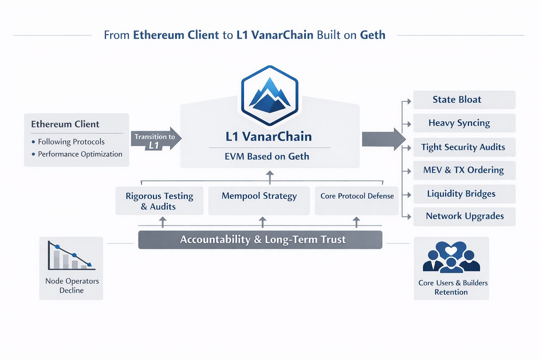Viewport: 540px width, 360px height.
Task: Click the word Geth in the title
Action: [373, 35]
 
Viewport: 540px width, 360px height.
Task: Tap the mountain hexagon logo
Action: [270, 95]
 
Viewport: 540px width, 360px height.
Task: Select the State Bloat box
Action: [464, 100]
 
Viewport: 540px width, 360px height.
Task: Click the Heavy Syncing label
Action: [459, 123]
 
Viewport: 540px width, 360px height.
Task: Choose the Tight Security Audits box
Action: [463, 147]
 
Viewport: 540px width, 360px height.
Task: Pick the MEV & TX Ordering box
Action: [464, 170]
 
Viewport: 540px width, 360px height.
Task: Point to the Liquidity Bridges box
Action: [462, 194]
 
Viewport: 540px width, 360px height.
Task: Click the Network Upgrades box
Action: [465, 216]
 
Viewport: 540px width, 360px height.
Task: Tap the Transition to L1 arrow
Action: [156, 139]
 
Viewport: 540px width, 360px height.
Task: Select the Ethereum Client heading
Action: [65, 124]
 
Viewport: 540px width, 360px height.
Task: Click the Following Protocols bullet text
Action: [71, 142]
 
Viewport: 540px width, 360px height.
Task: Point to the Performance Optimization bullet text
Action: [80, 154]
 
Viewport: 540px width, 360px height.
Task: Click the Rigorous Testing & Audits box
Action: [159, 201]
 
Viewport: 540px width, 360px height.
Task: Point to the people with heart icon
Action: [451, 257]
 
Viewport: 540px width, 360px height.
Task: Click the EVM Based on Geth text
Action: [267, 156]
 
